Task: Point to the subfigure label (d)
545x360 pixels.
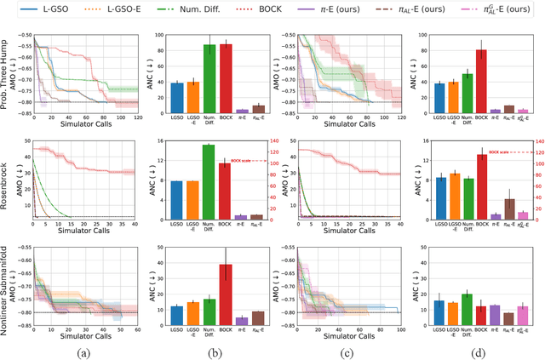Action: (x=479, y=352)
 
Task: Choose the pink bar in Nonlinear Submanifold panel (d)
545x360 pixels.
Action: (x=524, y=316)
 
